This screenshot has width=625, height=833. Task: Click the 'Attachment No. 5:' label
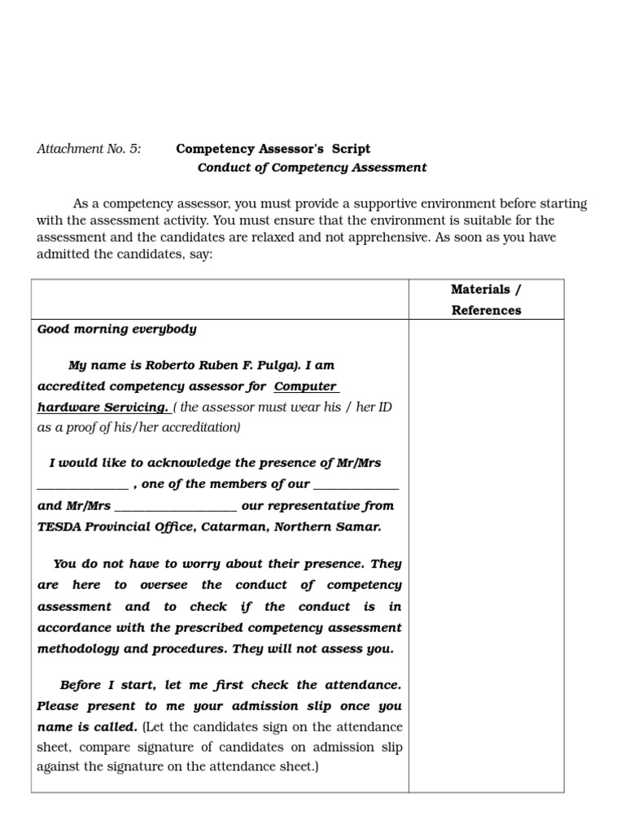(x=89, y=149)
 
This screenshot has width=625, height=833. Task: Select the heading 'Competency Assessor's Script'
(x=273, y=149)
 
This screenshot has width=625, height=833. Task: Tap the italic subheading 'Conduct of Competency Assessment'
(x=312, y=168)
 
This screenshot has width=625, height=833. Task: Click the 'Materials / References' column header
(x=486, y=299)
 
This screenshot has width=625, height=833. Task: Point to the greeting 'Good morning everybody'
(x=117, y=329)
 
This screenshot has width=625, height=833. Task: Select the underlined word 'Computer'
(x=306, y=386)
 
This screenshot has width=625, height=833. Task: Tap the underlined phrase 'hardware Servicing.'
(x=103, y=407)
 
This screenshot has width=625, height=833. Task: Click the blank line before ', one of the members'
(x=82, y=486)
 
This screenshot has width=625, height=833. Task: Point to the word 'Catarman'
(x=230, y=526)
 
